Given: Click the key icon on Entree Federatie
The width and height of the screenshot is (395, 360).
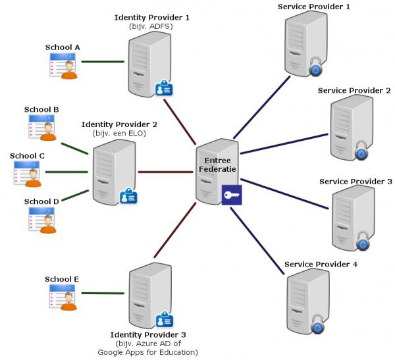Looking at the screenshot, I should pos(232,194).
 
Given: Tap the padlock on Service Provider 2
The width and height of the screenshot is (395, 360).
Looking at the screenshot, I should pos(361,153).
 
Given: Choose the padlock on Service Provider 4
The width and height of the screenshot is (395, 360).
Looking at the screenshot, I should pos(318,324).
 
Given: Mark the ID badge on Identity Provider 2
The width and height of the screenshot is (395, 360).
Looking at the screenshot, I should pos(128,196).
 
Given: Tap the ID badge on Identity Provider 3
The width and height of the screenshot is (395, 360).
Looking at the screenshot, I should pos(163,321).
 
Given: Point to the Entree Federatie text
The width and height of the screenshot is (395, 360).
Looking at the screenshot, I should pos(217,165).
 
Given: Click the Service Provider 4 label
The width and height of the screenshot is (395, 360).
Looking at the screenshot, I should pos(321,265).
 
